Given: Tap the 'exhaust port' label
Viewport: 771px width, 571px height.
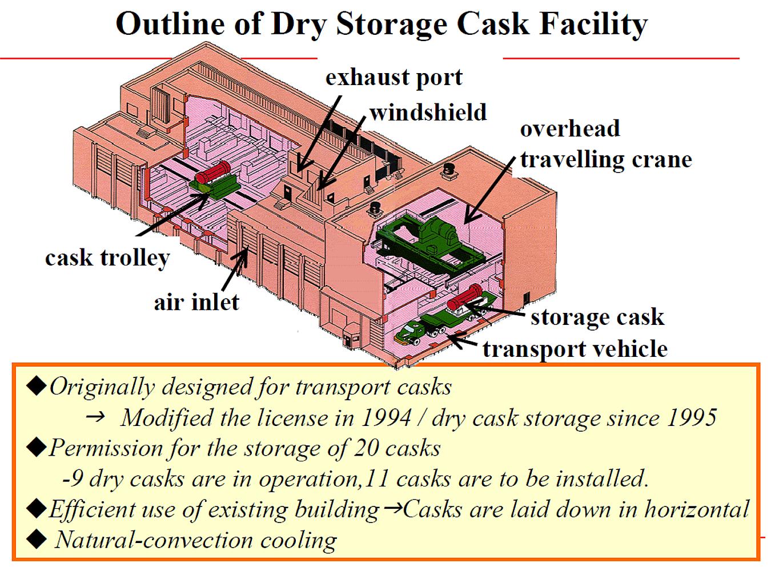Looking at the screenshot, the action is (x=394, y=77).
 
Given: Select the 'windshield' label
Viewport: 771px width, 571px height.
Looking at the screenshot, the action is (x=428, y=112).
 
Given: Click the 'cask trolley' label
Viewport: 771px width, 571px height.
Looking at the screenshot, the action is (x=107, y=258).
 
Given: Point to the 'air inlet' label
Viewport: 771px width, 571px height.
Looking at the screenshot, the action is (x=196, y=301).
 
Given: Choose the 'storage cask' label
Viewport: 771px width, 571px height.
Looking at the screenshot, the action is (x=597, y=317).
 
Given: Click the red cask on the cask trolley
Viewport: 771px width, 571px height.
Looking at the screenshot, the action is (x=213, y=172).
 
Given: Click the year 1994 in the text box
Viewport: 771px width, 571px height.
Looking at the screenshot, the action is (x=386, y=417).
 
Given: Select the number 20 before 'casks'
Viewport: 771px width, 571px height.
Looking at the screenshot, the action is (x=367, y=448).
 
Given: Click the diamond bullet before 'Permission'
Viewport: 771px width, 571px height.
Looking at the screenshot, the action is (x=36, y=448).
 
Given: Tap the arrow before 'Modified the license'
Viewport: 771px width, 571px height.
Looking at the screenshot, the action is (x=95, y=416).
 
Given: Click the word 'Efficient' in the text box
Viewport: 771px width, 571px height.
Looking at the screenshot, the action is (x=92, y=509).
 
